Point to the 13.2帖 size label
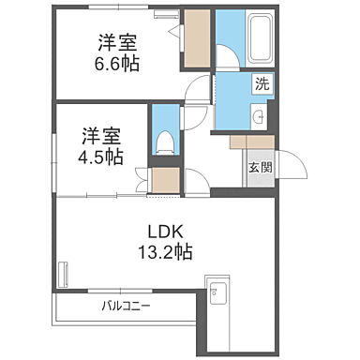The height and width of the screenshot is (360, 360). tap(160, 252)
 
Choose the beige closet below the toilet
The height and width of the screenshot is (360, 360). tap(165, 180)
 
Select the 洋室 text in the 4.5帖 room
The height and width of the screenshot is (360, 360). tap(99, 134)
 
